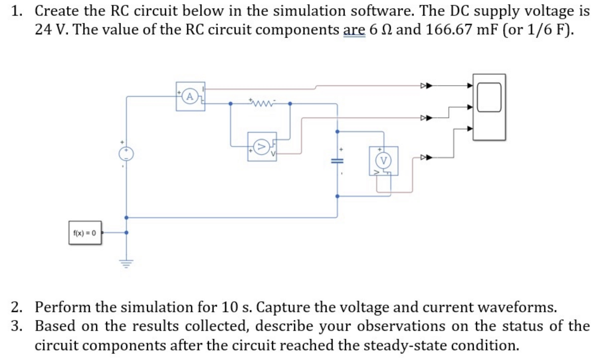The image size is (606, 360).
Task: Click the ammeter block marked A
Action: [x=190, y=96]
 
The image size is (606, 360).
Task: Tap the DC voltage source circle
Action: [x=126, y=154]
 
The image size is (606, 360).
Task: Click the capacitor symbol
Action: [x=337, y=161]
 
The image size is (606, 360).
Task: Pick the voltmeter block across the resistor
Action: [x=262, y=147]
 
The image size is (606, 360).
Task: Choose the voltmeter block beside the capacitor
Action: [x=383, y=161]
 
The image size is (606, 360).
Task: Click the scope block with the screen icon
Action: [x=489, y=107]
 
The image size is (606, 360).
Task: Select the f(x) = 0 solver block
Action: [x=85, y=233]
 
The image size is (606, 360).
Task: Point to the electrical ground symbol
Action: [x=126, y=264]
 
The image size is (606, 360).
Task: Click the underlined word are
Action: [x=354, y=30]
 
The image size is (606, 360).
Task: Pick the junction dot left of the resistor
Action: [x=230, y=104]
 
